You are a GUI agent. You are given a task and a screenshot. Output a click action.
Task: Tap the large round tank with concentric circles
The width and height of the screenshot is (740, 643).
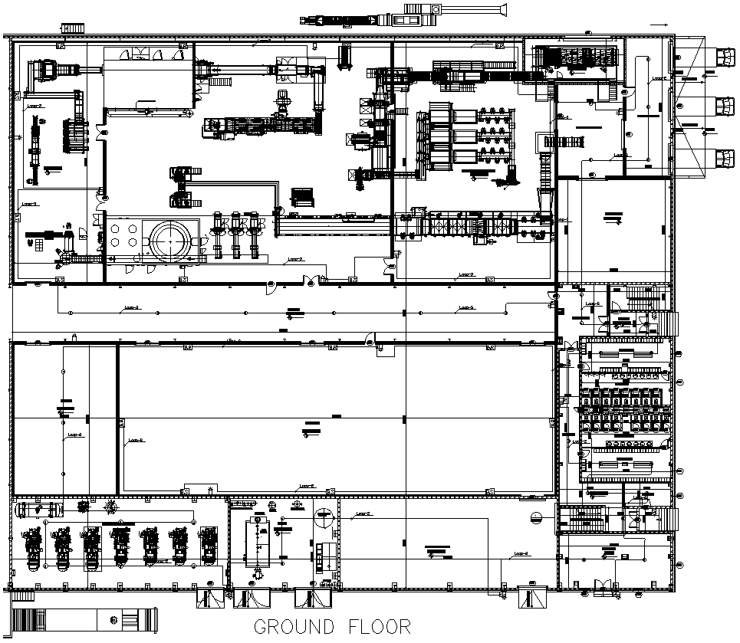(x=173, y=240)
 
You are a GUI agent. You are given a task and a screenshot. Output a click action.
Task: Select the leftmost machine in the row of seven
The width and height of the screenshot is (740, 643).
(x=33, y=548)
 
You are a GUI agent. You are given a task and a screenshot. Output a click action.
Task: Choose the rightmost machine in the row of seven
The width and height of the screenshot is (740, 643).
(x=207, y=546)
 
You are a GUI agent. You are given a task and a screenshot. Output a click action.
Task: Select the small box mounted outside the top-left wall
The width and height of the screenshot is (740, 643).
(x=72, y=28)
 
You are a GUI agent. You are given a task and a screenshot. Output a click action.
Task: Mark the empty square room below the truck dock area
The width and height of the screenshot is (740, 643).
(x=613, y=230)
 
